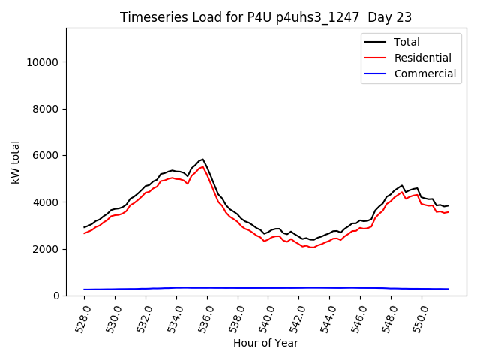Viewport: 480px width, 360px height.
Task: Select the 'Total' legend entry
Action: [x=406, y=42]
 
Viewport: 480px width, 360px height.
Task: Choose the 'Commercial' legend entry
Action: [x=424, y=73]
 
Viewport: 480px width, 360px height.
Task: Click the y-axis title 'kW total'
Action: [x=16, y=162]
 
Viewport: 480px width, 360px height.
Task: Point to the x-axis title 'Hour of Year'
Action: [x=265, y=343]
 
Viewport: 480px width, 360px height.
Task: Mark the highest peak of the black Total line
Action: [x=202, y=159]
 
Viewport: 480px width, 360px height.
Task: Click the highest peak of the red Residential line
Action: [x=202, y=166]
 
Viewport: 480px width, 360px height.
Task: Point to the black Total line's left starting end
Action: [x=84, y=227]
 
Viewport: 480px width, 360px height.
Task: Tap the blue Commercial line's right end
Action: [x=448, y=289]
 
